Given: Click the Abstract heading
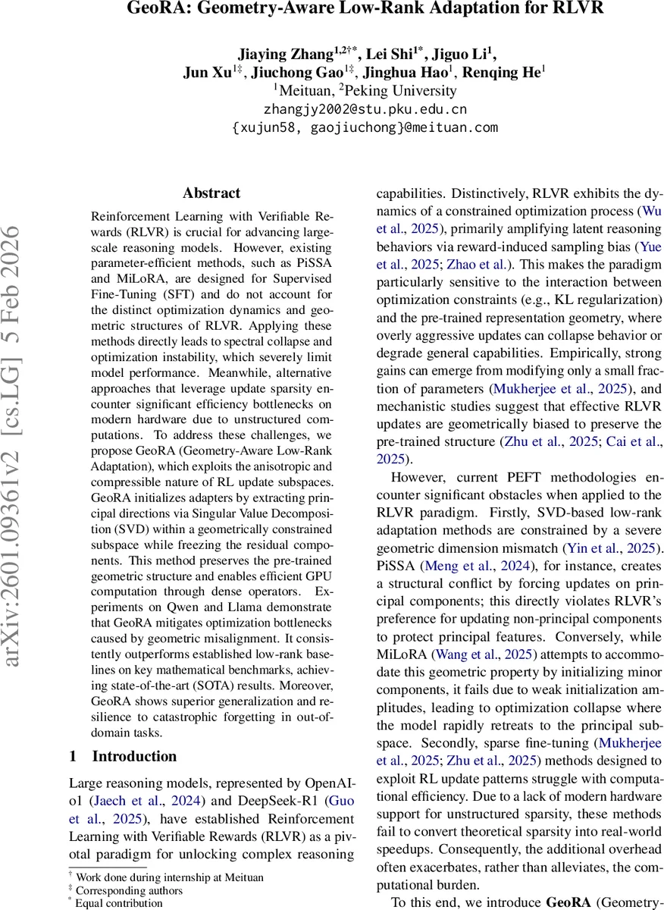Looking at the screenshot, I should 211,193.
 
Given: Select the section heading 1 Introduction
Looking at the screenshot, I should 123,756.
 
